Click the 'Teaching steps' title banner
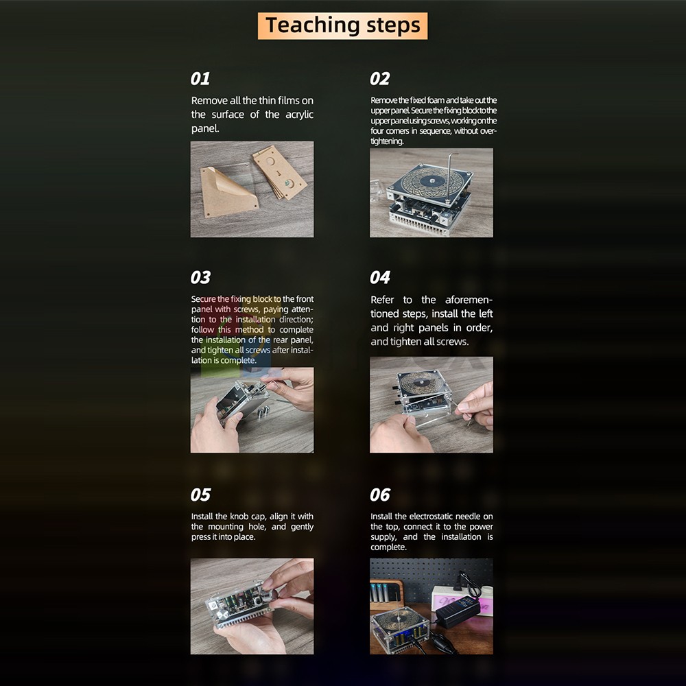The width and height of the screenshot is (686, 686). pyautogui.click(x=342, y=26)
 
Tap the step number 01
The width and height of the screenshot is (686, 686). pyautogui.click(x=200, y=79)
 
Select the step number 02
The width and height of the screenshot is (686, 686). pyautogui.click(x=379, y=79)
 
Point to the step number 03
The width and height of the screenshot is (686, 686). pyautogui.click(x=200, y=277)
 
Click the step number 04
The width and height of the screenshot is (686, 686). pyautogui.click(x=380, y=277)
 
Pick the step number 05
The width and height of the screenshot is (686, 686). pyautogui.click(x=200, y=495)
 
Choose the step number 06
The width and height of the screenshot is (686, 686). pyautogui.click(x=380, y=495)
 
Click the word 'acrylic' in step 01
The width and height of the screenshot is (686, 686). pyautogui.click(x=299, y=115)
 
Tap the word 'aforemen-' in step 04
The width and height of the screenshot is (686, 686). pyautogui.click(x=469, y=300)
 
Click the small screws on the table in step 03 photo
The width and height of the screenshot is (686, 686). pyautogui.click(x=263, y=411)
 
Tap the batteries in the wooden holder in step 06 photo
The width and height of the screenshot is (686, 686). pyautogui.click(x=383, y=591)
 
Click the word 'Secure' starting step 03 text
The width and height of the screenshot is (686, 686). pyautogui.click(x=204, y=299)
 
